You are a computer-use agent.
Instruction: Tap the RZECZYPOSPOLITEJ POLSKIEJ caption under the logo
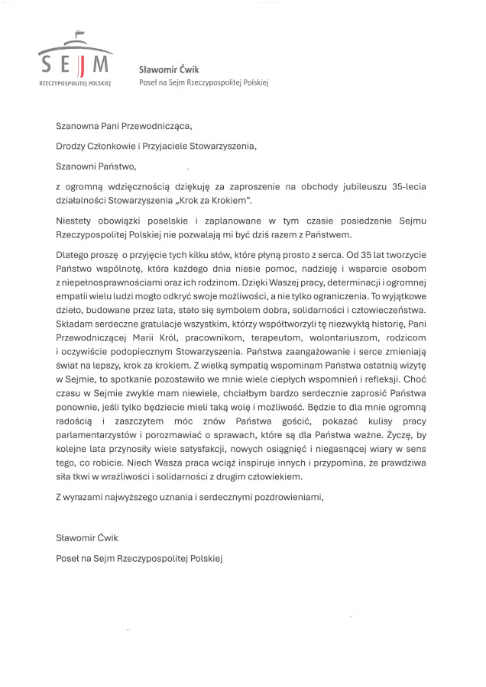pos(75,82)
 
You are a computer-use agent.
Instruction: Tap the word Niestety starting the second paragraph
pos(76,221)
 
